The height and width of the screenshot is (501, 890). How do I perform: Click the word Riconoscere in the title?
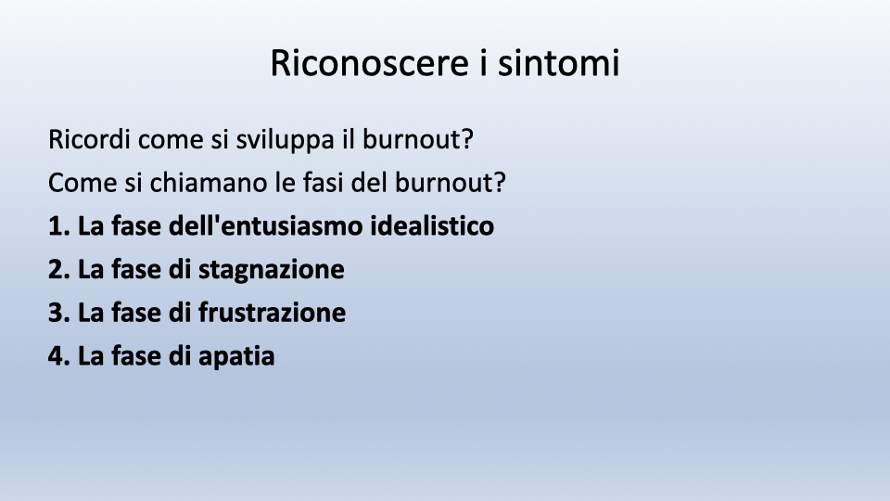(x=370, y=62)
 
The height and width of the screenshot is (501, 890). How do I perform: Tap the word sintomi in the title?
(x=558, y=62)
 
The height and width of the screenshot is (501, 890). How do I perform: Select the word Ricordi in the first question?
(x=89, y=139)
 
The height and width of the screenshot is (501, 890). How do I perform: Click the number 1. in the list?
(x=59, y=226)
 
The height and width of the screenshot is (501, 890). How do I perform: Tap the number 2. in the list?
(x=59, y=269)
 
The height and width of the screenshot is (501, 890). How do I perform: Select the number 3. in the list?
(x=59, y=313)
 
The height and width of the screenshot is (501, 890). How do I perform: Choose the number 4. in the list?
(x=59, y=356)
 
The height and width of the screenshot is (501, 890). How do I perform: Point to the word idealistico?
(x=432, y=225)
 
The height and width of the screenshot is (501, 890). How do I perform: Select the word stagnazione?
(x=272, y=270)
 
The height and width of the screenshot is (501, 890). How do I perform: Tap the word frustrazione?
(x=272, y=313)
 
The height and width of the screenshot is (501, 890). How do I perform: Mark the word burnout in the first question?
(x=418, y=139)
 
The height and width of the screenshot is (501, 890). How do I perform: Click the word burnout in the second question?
(x=451, y=183)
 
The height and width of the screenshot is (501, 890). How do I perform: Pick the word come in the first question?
(x=171, y=141)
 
